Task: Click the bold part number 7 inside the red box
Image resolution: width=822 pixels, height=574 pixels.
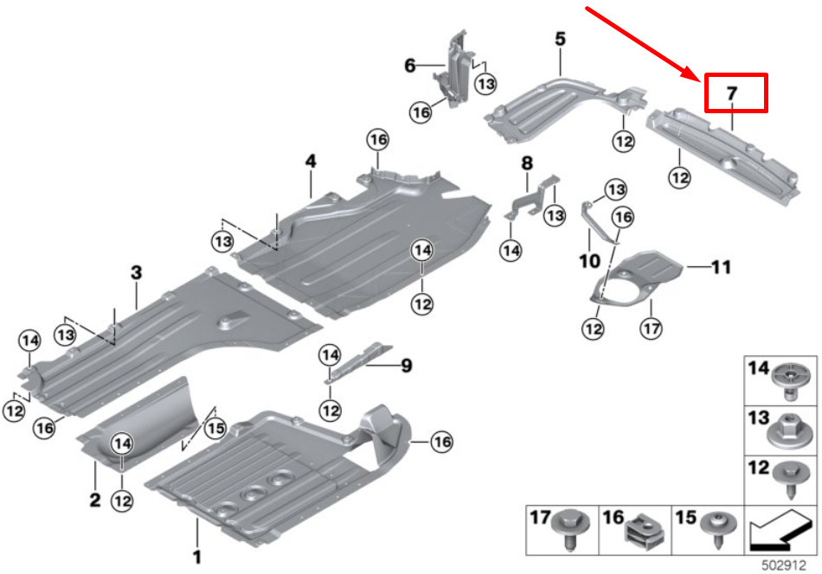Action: (x=732, y=93)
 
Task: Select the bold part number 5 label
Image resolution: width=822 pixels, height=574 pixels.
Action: (x=561, y=39)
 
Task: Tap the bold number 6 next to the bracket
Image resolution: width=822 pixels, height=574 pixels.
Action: (x=410, y=66)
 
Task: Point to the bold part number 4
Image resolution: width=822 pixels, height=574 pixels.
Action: (x=311, y=161)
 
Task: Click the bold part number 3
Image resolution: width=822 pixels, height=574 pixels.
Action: (x=137, y=272)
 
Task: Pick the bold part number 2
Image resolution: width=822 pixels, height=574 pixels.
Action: (x=95, y=500)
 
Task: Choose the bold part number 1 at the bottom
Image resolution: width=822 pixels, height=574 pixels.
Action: (x=197, y=557)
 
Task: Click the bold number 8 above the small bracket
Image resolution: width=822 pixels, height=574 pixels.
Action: (x=527, y=163)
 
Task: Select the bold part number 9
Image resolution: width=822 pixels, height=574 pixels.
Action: (x=407, y=366)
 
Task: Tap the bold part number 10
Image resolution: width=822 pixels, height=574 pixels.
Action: (x=589, y=260)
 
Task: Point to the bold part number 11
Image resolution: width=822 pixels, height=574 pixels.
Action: (x=721, y=267)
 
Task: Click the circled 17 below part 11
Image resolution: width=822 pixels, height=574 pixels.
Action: (x=651, y=328)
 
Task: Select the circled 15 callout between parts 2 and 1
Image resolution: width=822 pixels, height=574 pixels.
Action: (x=215, y=429)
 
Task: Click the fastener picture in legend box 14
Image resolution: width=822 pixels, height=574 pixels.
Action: (x=791, y=380)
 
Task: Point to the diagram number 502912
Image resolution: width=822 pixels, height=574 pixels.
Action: (x=783, y=565)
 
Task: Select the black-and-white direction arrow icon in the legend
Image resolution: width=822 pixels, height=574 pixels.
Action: (x=780, y=530)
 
